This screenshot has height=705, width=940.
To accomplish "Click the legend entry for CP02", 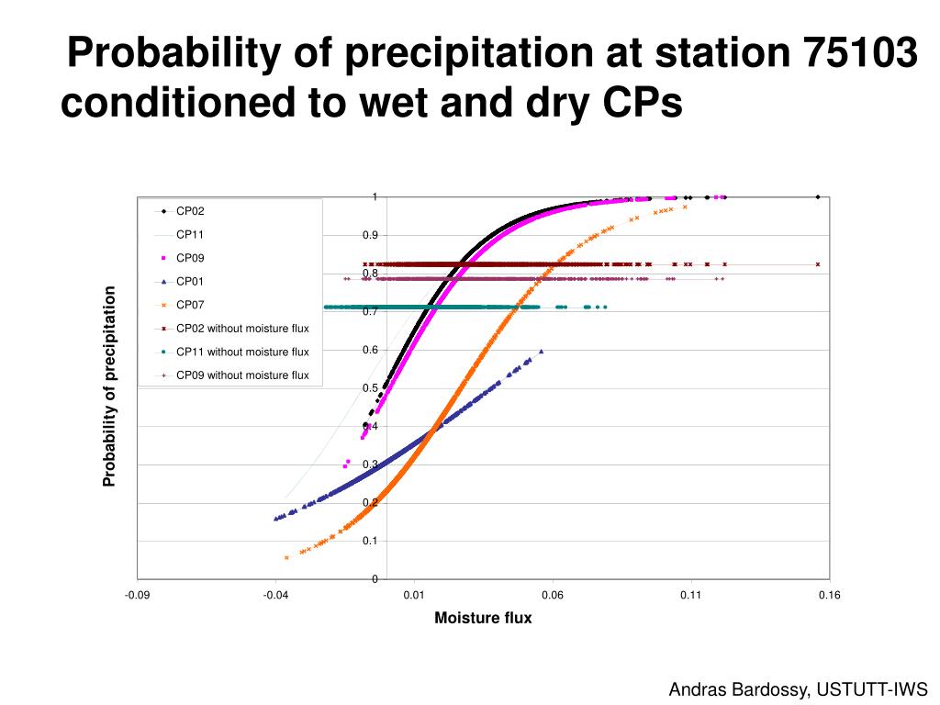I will [x=191, y=211].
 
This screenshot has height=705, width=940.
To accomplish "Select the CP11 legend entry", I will [x=191, y=234].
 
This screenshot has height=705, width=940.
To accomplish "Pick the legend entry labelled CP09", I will [x=191, y=258].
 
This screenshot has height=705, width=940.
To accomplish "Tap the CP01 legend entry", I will [x=191, y=281].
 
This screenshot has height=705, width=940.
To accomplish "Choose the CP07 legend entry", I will [x=191, y=305].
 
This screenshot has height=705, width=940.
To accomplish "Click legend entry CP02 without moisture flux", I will [x=242, y=328].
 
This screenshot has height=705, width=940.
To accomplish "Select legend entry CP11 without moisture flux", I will [x=242, y=352].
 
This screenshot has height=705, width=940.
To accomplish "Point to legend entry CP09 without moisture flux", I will [x=242, y=375].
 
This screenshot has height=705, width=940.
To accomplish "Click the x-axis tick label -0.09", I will [x=138, y=596].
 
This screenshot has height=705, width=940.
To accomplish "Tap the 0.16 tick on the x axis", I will [x=830, y=596].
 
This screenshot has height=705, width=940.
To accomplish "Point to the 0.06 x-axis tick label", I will [x=553, y=596].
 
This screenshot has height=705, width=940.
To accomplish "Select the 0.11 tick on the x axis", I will [x=691, y=596].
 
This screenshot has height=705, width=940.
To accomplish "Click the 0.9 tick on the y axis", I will [x=370, y=235].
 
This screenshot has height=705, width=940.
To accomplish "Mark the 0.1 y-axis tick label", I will [x=370, y=541].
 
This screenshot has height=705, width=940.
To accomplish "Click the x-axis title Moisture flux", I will [x=483, y=619].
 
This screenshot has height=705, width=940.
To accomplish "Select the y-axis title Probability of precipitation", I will [x=109, y=386].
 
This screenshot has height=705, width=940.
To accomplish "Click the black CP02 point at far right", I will [x=817, y=196].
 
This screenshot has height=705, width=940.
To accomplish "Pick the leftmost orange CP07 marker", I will [x=286, y=557].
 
